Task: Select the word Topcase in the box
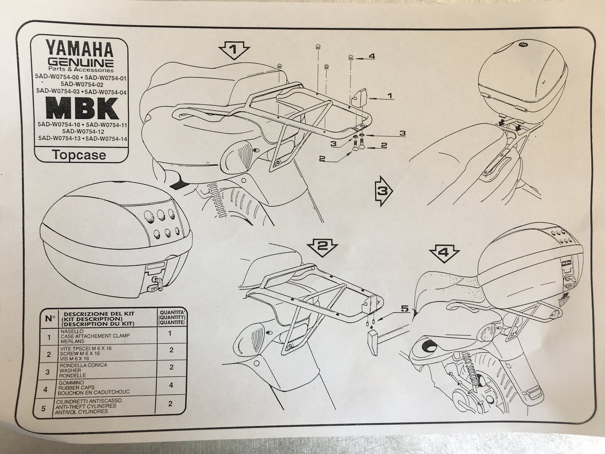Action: pos(79,155)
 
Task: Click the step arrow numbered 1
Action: pos(234,51)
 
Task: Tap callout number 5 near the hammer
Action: pos(404,309)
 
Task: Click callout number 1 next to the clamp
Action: pos(389,96)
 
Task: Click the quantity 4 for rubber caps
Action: pos(171,385)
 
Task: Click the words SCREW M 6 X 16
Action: pos(81,354)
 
